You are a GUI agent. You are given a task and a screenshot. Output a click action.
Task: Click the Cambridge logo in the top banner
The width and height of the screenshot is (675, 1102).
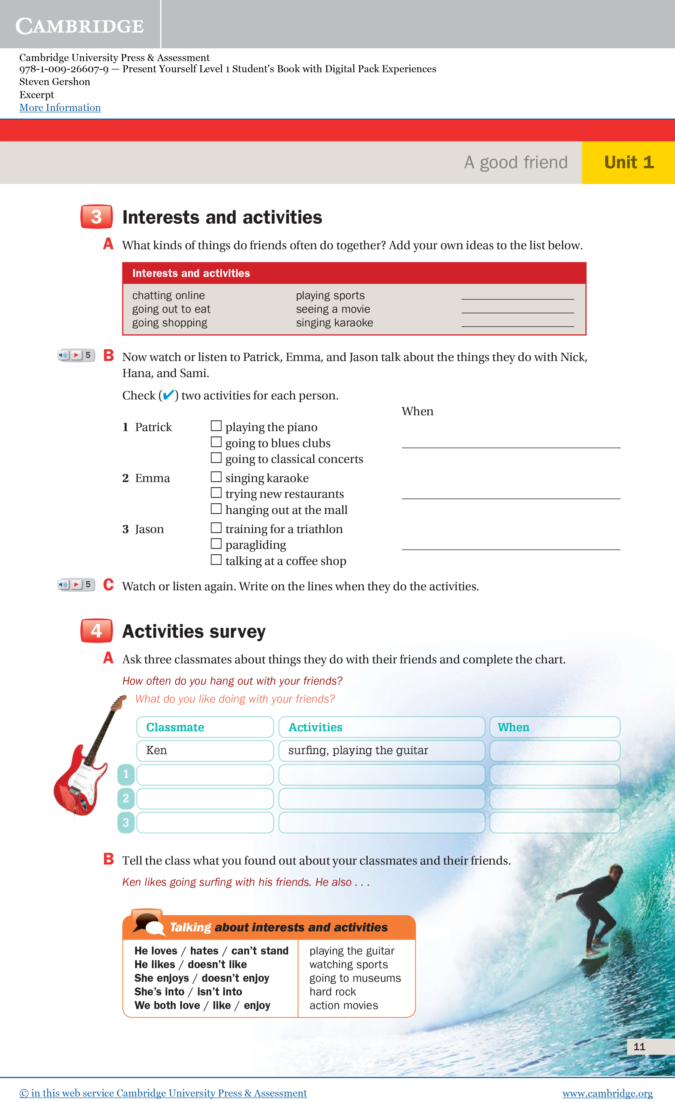point(80,26)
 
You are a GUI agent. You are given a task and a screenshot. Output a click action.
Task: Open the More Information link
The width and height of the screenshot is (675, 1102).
point(60,108)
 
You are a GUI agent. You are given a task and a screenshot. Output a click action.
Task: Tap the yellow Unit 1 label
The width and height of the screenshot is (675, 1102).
point(628,162)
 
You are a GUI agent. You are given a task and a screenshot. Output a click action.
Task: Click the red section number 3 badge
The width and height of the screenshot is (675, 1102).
point(96,217)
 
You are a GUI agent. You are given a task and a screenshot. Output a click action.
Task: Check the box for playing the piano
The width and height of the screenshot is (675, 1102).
point(216,426)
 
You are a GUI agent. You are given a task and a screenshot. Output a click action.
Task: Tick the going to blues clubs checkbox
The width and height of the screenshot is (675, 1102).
point(216,442)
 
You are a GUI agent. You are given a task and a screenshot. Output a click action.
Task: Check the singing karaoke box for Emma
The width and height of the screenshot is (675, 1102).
point(216,477)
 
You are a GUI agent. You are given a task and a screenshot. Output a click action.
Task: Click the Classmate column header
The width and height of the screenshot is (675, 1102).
point(204,727)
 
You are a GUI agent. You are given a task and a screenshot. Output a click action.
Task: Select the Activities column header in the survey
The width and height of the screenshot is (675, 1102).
point(381,727)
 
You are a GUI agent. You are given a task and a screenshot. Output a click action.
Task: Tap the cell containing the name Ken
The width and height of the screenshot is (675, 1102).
point(204,751)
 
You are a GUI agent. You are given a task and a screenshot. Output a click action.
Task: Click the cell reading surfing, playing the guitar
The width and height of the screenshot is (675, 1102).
point(381,751)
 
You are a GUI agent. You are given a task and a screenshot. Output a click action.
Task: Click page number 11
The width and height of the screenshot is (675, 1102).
point(639,1047)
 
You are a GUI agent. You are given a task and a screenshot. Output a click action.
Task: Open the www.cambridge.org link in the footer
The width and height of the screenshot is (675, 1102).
point(607,1093)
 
